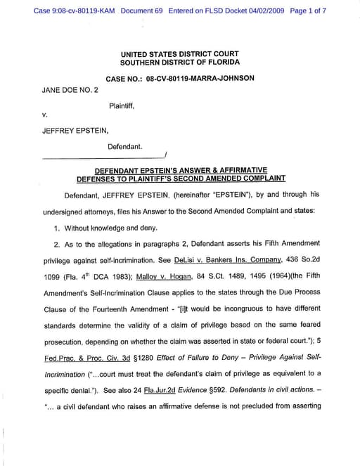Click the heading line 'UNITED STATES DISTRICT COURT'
(180, 54)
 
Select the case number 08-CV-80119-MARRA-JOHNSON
(200, 79)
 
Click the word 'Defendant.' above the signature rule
(124, 147)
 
